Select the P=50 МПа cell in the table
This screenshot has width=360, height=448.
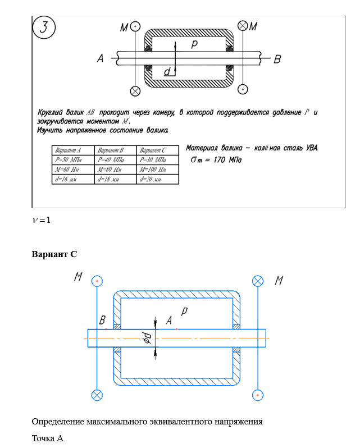click(66, 159)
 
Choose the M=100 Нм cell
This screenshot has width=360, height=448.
click(153, 170)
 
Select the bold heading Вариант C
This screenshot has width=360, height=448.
click(54, 254)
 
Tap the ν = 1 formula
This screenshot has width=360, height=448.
click(41, 220)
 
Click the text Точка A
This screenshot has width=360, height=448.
click(47, 438)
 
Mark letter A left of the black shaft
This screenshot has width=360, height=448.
click(100, 58)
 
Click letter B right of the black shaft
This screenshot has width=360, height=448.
click(277, 58)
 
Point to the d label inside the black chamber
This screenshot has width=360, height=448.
click(167, 72)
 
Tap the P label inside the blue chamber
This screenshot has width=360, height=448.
click(185, 310)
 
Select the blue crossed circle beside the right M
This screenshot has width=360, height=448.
click(258, 281)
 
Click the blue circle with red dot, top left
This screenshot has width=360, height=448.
click(97, 280)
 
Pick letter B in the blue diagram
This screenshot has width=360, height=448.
click(103, 321)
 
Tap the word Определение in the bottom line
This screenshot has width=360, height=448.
click(59, 421)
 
